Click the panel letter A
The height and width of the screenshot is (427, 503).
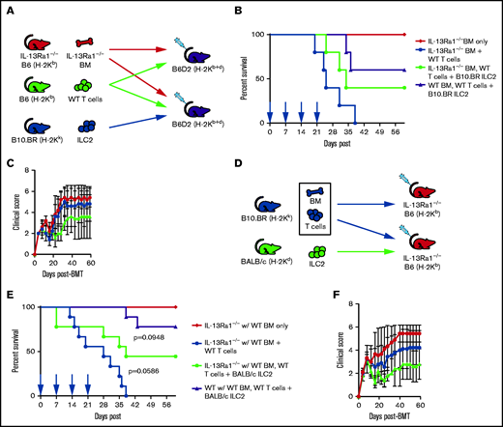tap(8, 8)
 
